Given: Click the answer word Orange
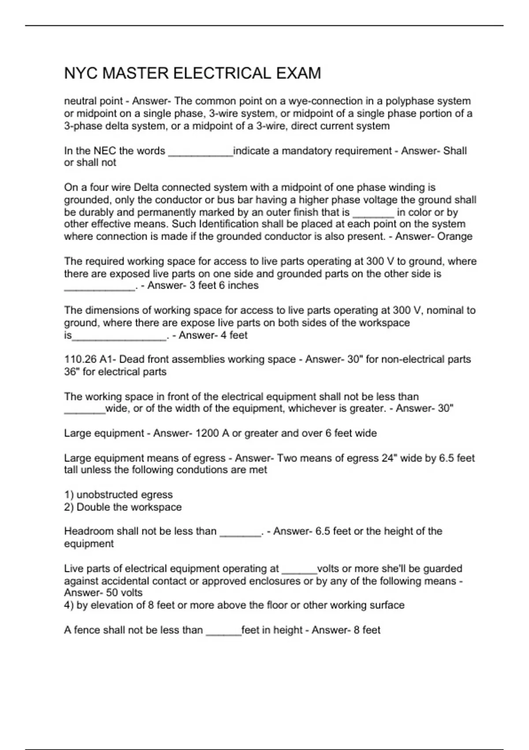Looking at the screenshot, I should tap(454, 236).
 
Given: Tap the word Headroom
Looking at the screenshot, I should tap(89, 531).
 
